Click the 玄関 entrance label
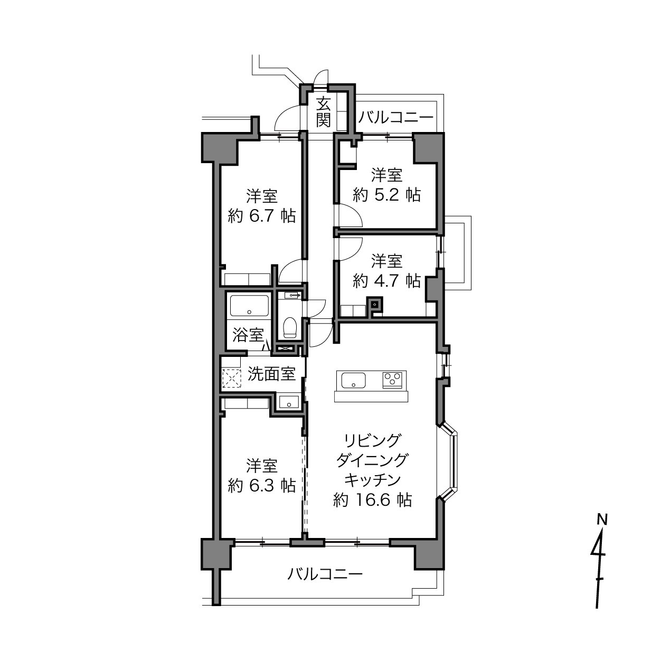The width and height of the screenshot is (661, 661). (323, 112)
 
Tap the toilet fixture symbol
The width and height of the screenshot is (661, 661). (289, 327)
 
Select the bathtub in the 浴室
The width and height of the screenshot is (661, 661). (249, 305)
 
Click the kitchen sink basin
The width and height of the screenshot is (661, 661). (353, 381)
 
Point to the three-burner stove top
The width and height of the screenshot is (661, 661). (392, 380)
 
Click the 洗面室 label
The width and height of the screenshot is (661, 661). (271, 374)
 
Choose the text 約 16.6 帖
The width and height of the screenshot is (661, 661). (372, 500)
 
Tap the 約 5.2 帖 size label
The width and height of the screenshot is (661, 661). (386, 195)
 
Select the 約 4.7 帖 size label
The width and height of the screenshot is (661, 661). (386, 281)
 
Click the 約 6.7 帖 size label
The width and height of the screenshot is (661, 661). (261, 216)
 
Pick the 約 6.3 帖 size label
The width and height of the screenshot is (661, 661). (261, 485)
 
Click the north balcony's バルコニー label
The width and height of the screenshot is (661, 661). (396, 118)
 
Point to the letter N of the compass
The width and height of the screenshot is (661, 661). (602, 520)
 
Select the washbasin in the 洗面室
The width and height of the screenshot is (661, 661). (289, 401)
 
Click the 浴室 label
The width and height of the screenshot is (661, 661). (248, 335)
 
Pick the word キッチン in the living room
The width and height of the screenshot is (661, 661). (372, 479)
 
